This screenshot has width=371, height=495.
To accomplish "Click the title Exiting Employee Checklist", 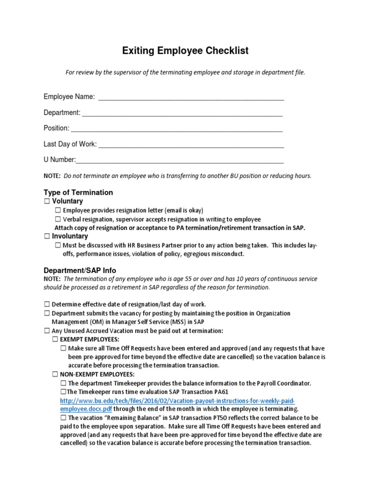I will point(185,51).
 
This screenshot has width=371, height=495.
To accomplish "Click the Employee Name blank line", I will point(191,98).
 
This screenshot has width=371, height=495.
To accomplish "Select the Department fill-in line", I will point(182,114).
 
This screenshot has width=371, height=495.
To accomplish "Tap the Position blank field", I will point(176,130).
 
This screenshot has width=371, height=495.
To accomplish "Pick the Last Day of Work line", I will point(191,146).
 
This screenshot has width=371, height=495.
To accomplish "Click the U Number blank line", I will point(180,161).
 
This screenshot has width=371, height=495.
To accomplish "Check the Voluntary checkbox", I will point(47,201).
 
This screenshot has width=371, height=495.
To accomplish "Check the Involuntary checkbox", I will point(47,236).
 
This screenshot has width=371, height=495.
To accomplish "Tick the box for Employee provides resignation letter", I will point(57,210).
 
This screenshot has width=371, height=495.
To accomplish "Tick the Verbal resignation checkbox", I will point(57,219).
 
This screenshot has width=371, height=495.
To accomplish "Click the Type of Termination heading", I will point(78,192).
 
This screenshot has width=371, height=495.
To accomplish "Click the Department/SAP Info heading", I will point(80,270).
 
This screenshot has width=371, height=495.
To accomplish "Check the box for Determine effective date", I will point(47,304).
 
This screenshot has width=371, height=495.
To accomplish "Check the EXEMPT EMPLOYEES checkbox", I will point(55,339).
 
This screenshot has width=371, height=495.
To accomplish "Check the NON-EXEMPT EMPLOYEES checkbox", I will point(55,374).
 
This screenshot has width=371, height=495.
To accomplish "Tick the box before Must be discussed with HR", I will point(57,246).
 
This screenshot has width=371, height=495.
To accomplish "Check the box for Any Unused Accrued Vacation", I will point(47,331).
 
